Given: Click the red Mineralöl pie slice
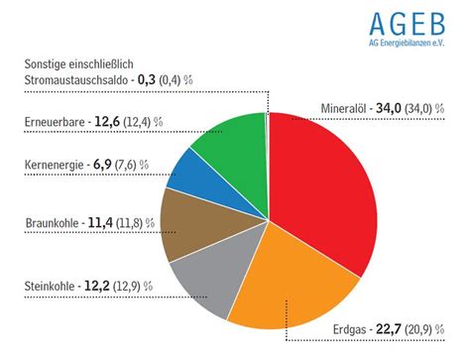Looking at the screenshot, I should [x=322, y=188].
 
